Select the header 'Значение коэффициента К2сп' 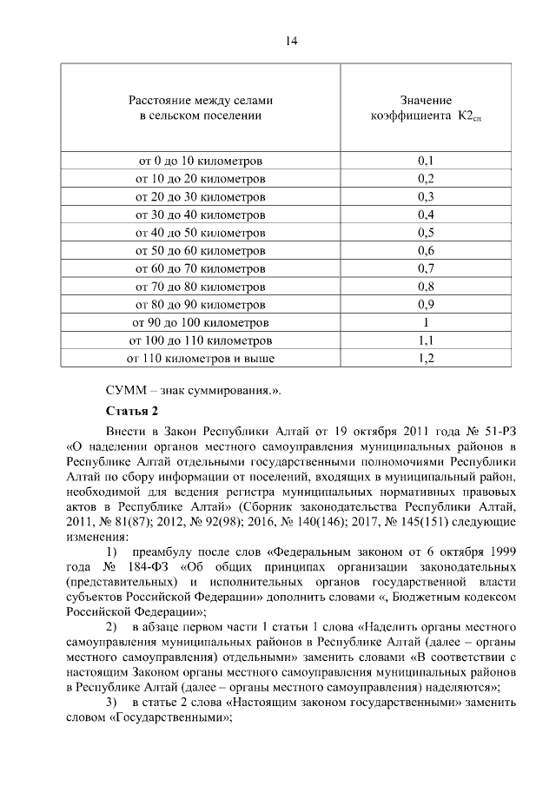pyautogui.click(x=426, y=108)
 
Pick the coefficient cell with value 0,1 pyautogui.click(x=426, y=162)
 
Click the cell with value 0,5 pyautogui.click(x=426, y=233)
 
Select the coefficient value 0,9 pyautogui.click(x=426, y=304)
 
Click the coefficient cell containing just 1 pyautogui.click(x=426, y=322)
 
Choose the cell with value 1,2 pyautogui.click(x=426, y=358)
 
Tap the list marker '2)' pyautogui.click(x=112, y=626)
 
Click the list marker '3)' pyautogui.click(x=112, y=700)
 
